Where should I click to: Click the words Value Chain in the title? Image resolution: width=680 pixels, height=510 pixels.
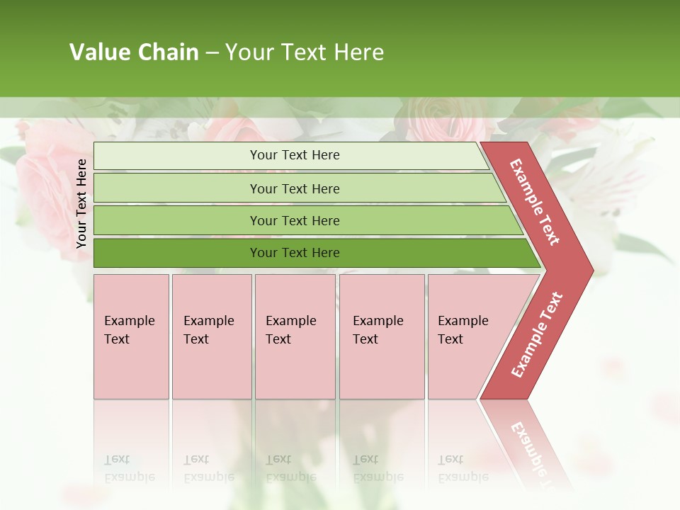134,52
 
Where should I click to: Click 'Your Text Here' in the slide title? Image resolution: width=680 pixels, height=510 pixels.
305,52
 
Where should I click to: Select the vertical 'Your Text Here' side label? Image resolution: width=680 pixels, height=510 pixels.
81,204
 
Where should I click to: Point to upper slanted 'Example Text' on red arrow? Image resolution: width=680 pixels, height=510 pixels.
535,202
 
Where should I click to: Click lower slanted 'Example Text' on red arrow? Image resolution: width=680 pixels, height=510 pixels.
537,335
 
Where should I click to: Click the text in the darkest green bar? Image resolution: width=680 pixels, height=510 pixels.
295,253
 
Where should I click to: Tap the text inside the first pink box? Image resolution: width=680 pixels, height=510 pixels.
129,330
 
